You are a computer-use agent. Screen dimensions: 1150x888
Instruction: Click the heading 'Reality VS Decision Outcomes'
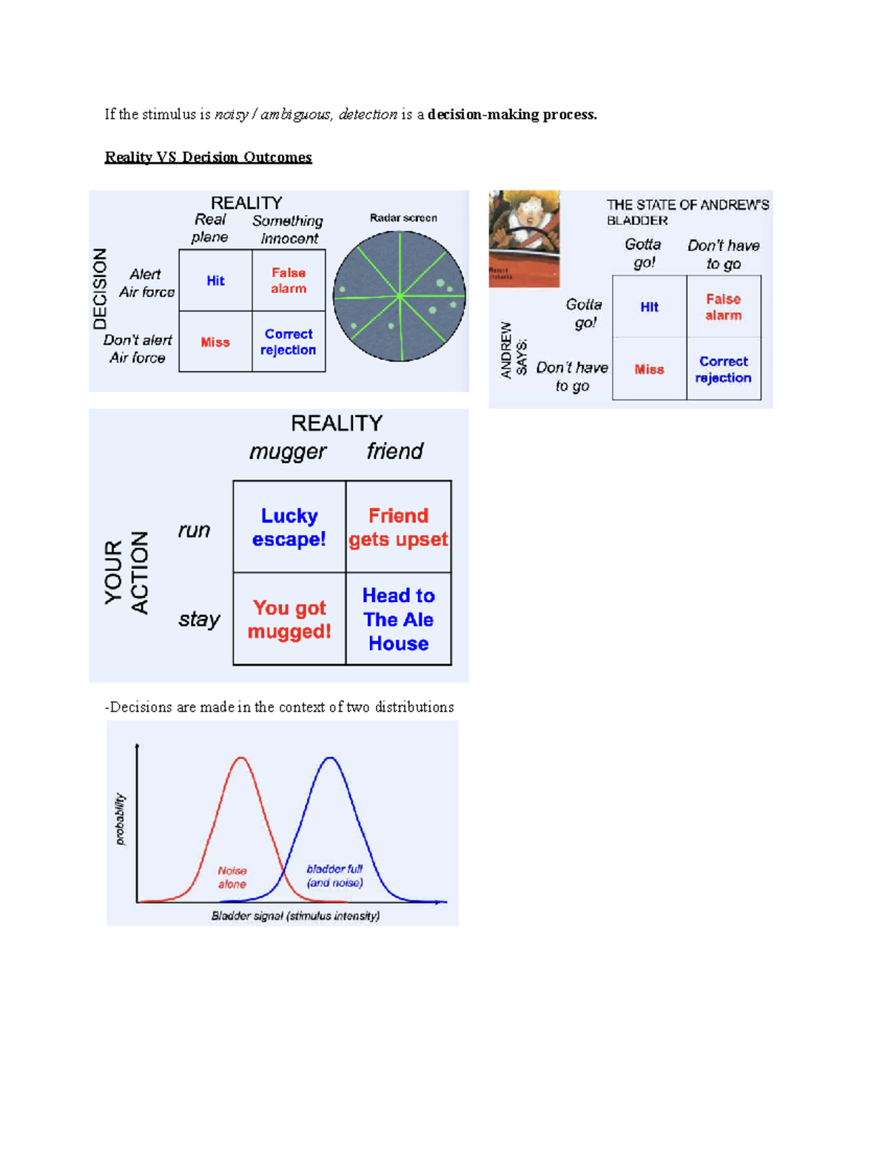(x=208, y=157)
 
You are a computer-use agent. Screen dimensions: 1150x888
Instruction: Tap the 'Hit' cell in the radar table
(x=215, y=281)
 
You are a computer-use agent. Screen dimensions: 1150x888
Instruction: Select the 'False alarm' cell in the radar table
(x=289, y=281)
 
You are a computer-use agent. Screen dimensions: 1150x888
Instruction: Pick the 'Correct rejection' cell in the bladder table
(x=723, y=370)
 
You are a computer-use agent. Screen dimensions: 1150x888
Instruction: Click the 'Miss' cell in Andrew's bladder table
(x=649, y=370)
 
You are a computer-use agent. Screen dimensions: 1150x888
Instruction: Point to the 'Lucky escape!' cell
(x=289, y=527)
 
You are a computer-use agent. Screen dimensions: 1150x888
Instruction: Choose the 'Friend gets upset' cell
(x=398, y=527)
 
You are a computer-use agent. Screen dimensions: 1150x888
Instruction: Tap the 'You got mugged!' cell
(x=289, y=619)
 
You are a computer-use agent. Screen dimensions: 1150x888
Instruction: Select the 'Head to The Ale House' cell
(x=398, y=619)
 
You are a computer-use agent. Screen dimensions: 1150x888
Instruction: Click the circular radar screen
(x=400, y=296)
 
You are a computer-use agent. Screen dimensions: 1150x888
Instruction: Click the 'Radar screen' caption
(x=403, y=218)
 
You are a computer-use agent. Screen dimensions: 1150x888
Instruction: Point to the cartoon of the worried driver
(x=524, y=238)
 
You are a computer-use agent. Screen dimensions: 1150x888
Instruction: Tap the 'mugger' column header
(x=288, y=452)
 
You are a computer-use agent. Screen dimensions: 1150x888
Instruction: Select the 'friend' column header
(x=395, y=451)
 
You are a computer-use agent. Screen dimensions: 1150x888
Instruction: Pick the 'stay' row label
(x=199, y=619)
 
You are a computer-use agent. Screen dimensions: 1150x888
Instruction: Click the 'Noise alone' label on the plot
(x=232, y=877)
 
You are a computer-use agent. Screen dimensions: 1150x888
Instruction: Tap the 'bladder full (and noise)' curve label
(x=334, y=875)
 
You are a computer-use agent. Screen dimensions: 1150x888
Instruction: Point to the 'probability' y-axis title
(x=120, y=819)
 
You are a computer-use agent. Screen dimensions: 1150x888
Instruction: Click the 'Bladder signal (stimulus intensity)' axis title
(x=295, y=916)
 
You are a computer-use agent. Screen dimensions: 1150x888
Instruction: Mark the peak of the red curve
(x=241, y=758)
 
